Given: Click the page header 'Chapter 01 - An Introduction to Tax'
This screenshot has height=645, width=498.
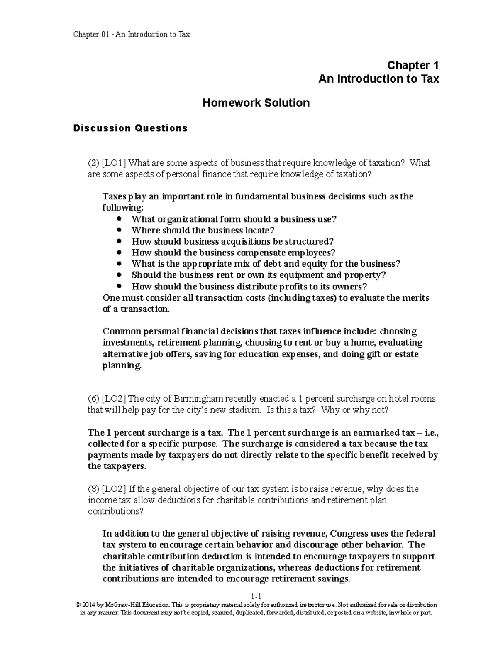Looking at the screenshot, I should pos(131,34).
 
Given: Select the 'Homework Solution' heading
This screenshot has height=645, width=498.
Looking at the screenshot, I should pos(256,103).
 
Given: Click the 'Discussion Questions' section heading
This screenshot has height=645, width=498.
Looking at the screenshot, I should pos(130,128).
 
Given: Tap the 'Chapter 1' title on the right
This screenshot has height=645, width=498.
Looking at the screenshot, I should pos(413,65).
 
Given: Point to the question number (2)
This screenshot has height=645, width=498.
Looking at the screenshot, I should pos(93,163).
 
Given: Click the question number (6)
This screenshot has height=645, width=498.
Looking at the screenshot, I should pos(93,399).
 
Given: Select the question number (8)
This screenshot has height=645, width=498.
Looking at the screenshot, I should pos(93,489).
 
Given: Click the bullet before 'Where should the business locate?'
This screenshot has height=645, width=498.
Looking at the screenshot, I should pos(120,230).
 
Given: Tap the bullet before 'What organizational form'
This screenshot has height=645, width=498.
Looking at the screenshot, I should pos(120,218).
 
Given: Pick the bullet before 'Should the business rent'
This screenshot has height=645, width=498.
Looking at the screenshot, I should pos(120,275).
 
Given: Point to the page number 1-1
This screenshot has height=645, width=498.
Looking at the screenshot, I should pos(256,597).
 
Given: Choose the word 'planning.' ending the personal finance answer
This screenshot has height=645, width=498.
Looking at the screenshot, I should pos(122,365).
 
